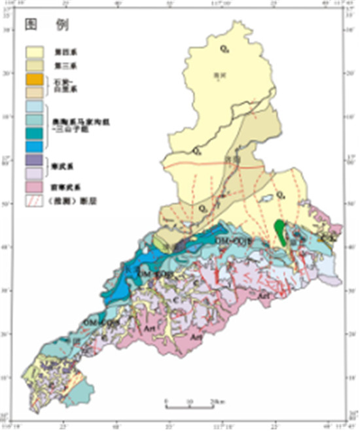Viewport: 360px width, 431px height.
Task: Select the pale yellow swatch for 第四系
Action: pyautogui.click(x=35, y=50)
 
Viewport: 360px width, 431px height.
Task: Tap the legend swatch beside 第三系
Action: pyautogui.click(x=35, y=65)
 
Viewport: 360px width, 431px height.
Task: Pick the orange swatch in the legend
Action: pyautogui.click(x=35, y=80)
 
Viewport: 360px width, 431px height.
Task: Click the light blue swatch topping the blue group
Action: pyautogui.click(x=35, y=105)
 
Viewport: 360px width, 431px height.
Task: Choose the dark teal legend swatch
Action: pyautogui.click(x=35, y=132)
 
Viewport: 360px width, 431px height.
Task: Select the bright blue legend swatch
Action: pyautogui.click(x=35, y=145)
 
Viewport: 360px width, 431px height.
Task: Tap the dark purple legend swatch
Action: pyautogui.click(x=35, y=160)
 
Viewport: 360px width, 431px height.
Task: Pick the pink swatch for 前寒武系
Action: pyautogui.click(x=35, y=188)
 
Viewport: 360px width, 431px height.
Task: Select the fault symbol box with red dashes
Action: pyautogui.click(x=35, y=199)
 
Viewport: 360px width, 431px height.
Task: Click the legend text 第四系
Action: pyautogui.click(x=63, y=50)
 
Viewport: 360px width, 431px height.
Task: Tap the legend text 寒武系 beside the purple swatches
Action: pyautogui.click(x=62, y=166)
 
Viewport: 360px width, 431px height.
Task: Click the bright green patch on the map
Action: pyautogui.click(x=280, y=233)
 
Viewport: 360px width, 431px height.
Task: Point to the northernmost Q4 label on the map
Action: pyautogui.click(x=224, y=48)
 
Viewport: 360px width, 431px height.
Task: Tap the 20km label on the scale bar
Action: pyautogui.click(x=214, y=400)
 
